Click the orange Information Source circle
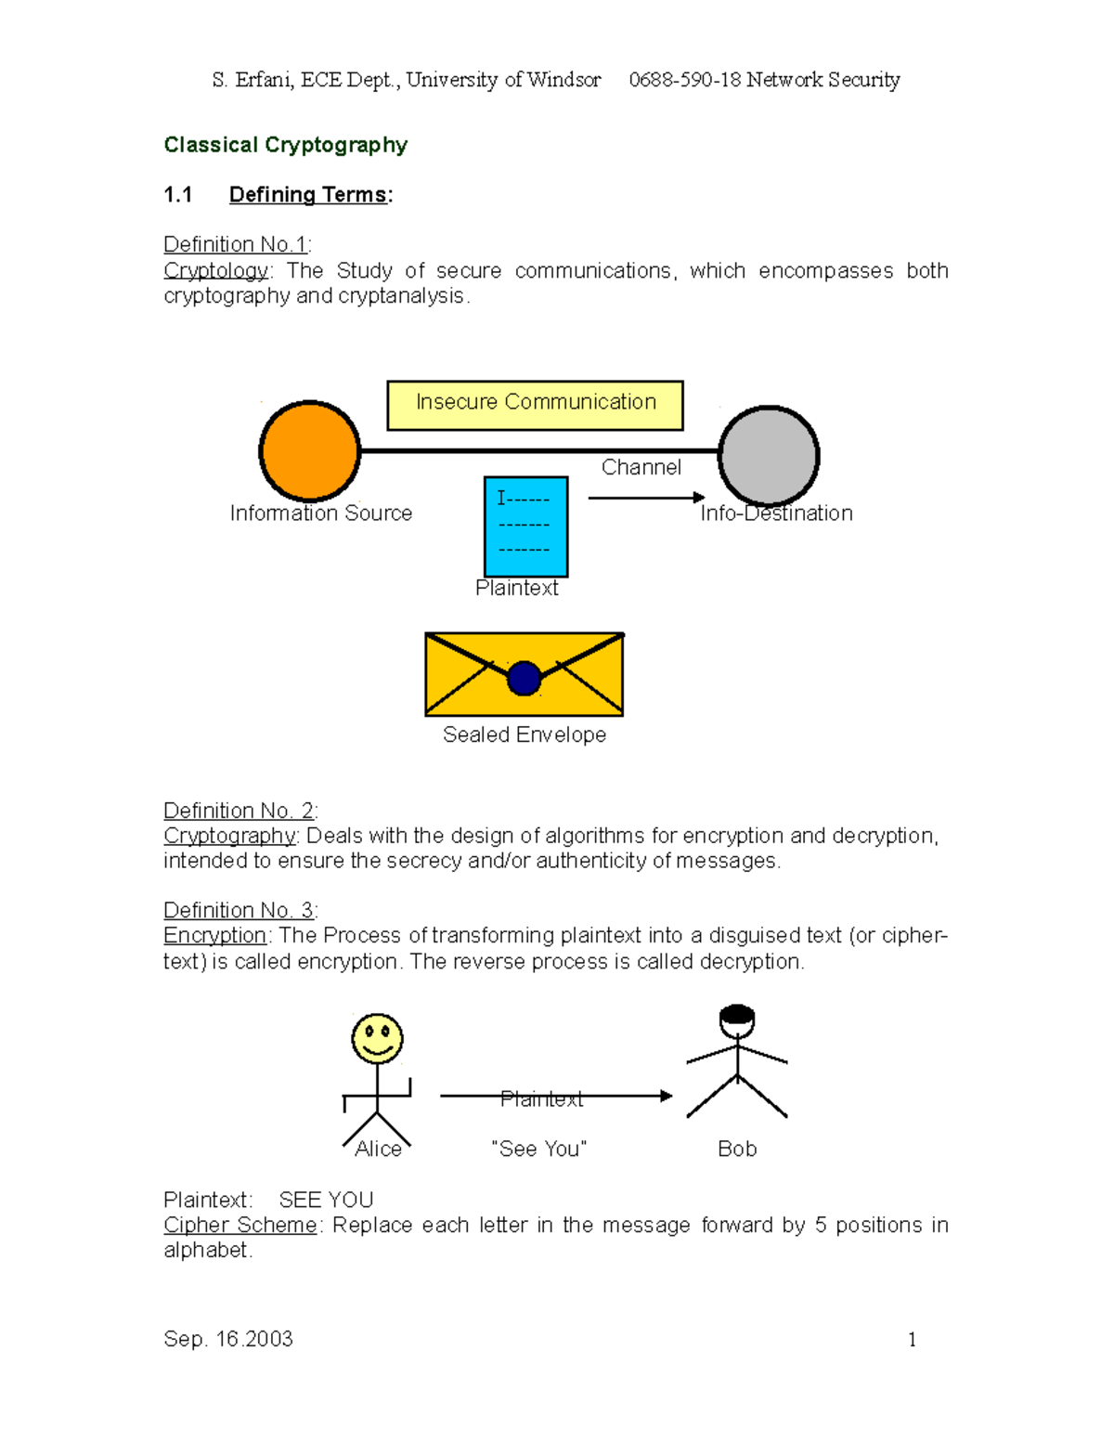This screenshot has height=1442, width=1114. (309, 451)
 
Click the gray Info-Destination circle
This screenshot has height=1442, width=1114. (769, 456)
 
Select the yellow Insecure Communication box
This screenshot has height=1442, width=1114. (535, 405)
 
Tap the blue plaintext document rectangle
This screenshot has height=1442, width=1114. (525, 526)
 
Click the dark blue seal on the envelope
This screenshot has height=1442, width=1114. (525, 678)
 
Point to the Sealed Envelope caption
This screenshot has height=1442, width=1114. (525, 734)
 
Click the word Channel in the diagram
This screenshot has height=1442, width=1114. (641, 467)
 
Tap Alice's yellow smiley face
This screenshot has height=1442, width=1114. (377, 1038)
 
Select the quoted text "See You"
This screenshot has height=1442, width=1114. (539, 1149)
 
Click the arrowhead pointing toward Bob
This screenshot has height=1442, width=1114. (666, 1096)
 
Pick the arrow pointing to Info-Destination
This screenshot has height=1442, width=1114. (646, 498)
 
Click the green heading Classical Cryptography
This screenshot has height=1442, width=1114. (286, 145)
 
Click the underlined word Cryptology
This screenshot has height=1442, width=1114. (215, 270)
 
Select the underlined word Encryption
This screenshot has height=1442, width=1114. (214, 935)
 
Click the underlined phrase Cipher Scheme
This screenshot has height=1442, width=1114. (240, 1225)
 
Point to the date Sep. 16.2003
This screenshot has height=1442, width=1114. (228, 1339)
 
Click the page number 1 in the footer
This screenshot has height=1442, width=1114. (912, 1339)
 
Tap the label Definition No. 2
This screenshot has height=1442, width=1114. (239, 811)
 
